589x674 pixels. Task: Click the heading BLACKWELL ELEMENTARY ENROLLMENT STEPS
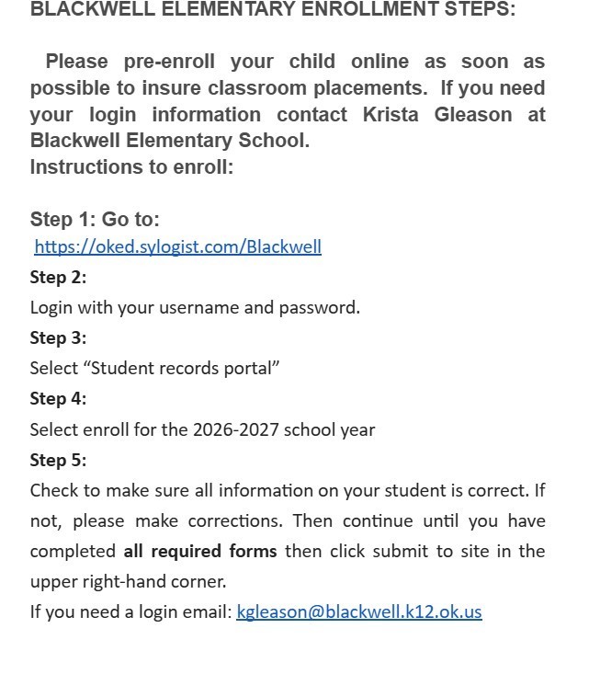click(x=272, y=9)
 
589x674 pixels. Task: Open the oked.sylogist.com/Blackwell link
click(x=177, y=246)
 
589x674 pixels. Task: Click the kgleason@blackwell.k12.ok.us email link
click(x=358, y=611)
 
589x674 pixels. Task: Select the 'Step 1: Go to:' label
click(x=95, y=219)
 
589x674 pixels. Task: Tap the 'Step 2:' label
click(x=58, y=277)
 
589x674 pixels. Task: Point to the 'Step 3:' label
click(x=58, y=337)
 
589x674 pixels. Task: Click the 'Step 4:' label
click(x=58, y=398)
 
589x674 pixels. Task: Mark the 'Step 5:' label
click(x=58, y=460)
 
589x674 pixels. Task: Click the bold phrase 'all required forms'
click(x=199, y=551)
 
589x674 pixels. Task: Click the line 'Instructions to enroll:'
click(x=131, y=166)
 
